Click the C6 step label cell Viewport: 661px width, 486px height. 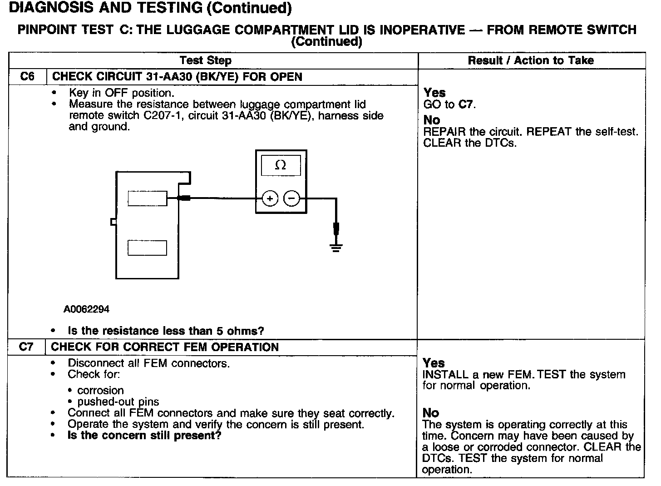pos(27,76)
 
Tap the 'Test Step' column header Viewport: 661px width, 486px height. pos(205,60)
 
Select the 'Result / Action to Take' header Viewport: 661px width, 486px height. pos(531,60)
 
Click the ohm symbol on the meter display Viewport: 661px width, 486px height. pos(281,166)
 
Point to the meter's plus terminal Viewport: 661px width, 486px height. pos(270,198)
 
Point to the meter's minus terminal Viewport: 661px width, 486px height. pos(292,198)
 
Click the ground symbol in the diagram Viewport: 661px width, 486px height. pos(336,248)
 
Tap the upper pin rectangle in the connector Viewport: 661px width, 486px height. pos(147,198)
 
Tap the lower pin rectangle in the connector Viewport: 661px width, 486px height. pos(147,248)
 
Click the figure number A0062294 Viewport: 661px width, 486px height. pos(86,309)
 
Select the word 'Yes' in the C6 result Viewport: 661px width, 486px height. pos(434,93)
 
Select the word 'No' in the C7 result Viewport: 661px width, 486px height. pos(430,412)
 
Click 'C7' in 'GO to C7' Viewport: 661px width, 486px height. pos(465,104)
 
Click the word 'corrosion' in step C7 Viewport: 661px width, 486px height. pos(100,390)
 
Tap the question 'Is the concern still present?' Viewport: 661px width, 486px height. pos(144,436)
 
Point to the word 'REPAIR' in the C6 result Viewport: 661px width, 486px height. pos(444,132)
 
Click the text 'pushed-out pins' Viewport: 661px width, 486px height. pos(118,402)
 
